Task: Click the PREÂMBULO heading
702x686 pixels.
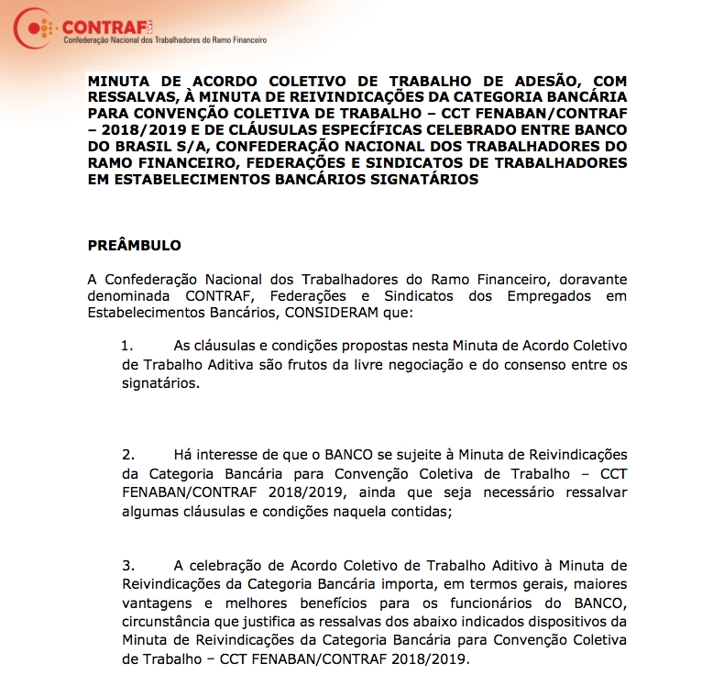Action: click(x=134, y=246)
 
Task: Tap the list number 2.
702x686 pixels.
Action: click(x=127, y=455)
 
